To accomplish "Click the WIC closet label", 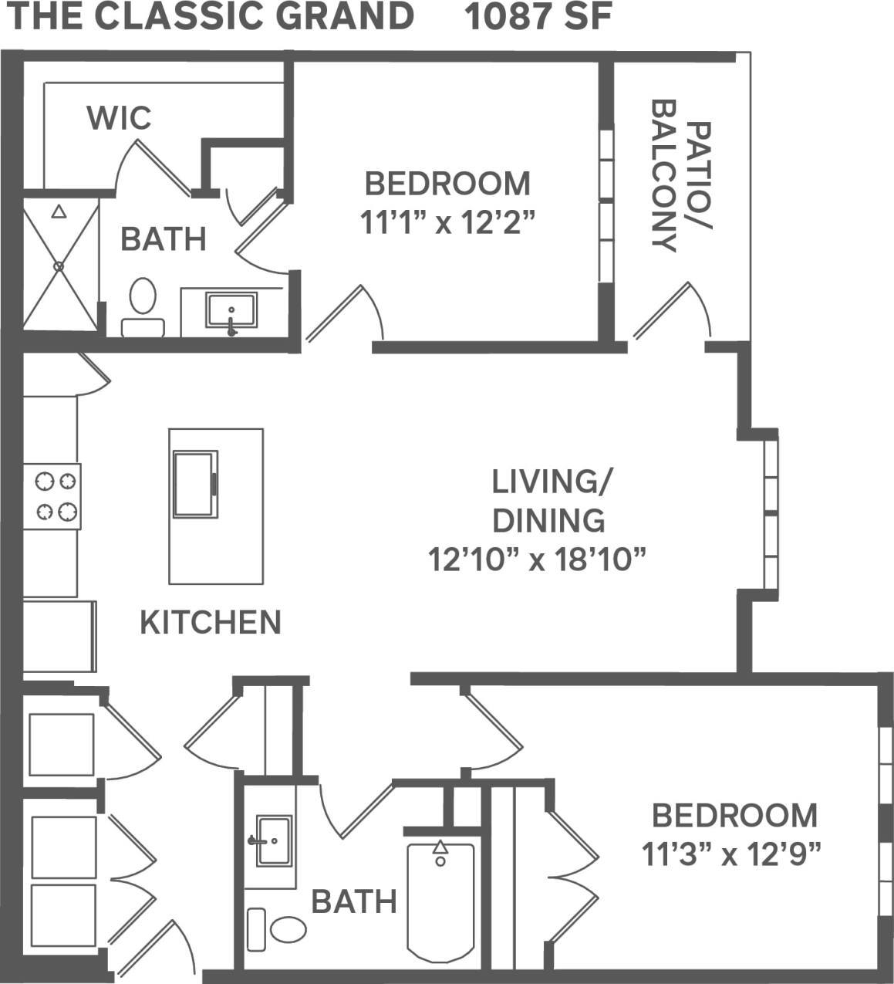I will (119, 118).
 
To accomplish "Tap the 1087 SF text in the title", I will (538, 17).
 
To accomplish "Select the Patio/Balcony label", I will (681, 186).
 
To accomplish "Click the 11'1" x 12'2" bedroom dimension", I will (447, 223).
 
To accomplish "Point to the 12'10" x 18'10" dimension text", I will (537, 560).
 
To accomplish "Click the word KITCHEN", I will (210, 622).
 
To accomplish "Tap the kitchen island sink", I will (194, 484).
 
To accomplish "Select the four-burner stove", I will (52, 496).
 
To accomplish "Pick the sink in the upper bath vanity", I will (231, 311).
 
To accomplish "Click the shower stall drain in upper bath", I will (59, 265).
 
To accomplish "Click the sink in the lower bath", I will (273, 840).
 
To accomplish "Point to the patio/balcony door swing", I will (679, 313).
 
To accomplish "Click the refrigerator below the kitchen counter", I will (59, 636).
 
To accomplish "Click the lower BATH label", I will (353, 901).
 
